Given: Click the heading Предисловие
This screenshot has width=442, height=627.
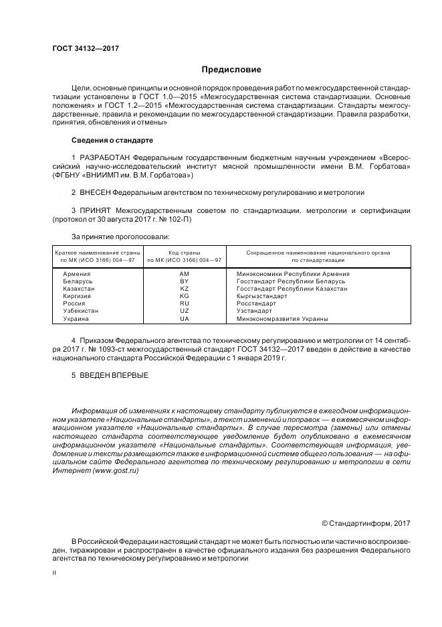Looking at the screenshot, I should point(231,70).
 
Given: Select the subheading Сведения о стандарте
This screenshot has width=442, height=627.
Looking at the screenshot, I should point(112,141).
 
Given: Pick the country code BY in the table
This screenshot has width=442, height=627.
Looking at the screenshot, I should point(185,281).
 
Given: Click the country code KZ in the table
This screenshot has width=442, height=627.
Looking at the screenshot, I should point(185,289).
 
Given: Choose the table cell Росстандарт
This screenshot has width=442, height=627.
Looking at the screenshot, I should point(256,303).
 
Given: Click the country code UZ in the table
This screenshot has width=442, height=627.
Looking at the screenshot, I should point(185,311).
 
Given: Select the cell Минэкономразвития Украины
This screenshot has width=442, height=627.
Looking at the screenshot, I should point(282,319).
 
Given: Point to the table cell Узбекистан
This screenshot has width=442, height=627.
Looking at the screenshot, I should point(80,311).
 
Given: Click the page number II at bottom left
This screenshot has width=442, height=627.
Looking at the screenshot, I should point(54,573).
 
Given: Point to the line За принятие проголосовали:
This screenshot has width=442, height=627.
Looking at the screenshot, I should point(120,236).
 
